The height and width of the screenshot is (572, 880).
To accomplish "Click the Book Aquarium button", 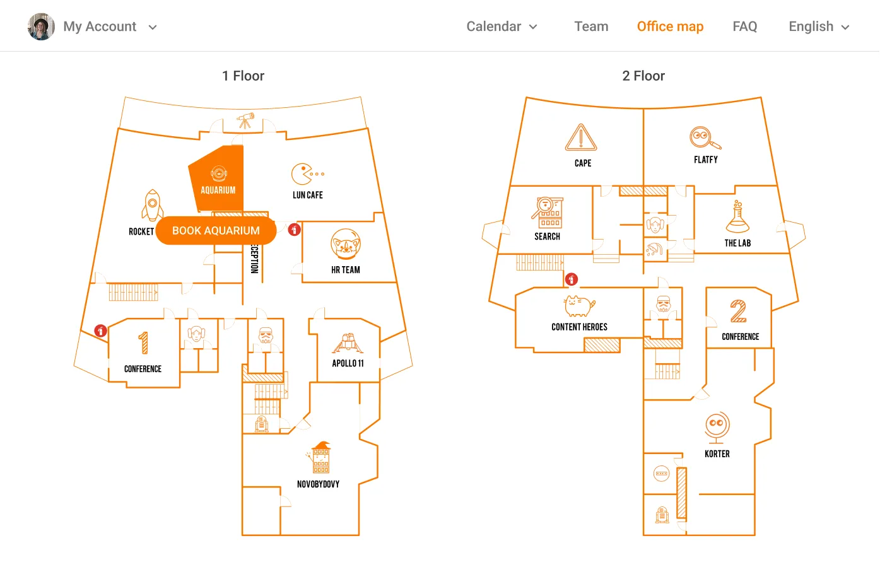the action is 216,231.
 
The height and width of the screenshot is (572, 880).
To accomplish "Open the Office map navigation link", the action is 670,26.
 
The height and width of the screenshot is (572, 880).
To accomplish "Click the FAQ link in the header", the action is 744,26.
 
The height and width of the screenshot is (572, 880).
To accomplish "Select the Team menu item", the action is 591,26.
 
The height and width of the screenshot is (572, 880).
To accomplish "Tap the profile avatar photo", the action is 41,26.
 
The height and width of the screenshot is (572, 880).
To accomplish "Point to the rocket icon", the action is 153,205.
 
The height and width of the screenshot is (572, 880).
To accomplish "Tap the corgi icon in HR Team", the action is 345,244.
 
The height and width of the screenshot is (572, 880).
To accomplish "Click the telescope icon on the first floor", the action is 245,120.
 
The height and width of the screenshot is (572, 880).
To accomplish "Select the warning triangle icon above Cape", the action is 580,137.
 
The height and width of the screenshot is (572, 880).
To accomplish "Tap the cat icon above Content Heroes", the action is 579,306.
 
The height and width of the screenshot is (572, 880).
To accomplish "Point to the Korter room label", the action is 717,453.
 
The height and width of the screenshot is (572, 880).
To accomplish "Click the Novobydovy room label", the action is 318,484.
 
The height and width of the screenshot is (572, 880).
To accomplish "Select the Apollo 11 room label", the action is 348,363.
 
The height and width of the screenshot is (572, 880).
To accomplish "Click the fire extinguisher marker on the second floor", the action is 572,279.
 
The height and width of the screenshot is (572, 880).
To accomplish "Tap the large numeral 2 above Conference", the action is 738,311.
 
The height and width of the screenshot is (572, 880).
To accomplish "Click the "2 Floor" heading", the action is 643,76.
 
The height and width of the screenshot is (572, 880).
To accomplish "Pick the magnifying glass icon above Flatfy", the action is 705,138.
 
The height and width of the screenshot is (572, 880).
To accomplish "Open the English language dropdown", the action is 819,26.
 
